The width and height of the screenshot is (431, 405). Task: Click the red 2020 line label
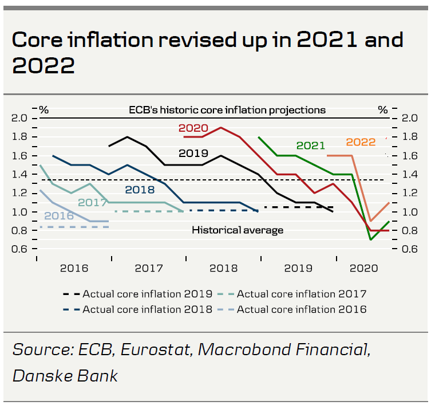coord(193,128)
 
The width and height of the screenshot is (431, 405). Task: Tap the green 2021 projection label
coord(311,146)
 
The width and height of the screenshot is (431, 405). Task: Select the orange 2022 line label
coord(361,142)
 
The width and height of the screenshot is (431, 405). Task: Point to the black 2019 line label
coord(193,154)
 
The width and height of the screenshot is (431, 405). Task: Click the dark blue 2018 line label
coord(141,190)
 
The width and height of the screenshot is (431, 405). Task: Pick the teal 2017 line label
coord(92,202)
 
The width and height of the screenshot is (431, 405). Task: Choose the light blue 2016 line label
coord(59,216)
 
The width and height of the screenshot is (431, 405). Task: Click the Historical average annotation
coord(238,230)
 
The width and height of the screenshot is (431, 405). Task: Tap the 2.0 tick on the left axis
coord(20,118)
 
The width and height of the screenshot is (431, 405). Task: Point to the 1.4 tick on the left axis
coord(20,174)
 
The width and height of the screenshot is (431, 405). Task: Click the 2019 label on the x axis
coord(297,268)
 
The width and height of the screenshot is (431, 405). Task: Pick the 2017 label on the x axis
coord(149,268)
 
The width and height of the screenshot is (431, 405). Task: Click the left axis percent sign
coord(44,109)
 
